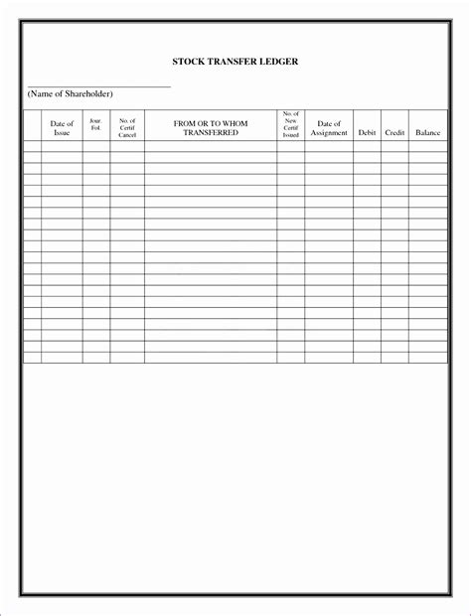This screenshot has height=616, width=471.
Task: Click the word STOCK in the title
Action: (190, 62)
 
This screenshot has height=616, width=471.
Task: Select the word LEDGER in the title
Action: (282, 62)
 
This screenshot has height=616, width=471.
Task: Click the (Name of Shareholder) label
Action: (71, 93)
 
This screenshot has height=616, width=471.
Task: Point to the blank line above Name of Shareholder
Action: (99, 86)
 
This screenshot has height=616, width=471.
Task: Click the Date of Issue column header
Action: (62, 128)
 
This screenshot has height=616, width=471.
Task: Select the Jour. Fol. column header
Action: (96, 124)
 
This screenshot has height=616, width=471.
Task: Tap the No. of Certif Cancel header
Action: (126, 127)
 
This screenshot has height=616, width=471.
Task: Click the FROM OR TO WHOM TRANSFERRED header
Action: (211, 127)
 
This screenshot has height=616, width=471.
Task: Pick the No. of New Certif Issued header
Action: (291, 125)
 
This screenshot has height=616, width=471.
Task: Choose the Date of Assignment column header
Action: (328, 128)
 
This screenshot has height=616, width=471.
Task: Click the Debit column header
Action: (367, 132)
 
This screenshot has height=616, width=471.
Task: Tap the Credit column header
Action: (394, 132)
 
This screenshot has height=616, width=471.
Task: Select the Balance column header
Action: (427, 132)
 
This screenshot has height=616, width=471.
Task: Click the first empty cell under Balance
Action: (427, 146)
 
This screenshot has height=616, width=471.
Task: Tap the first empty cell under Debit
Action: (367, 146)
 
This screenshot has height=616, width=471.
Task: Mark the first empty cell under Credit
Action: (394, 146)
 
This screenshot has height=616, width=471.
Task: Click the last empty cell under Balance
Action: (427, 358)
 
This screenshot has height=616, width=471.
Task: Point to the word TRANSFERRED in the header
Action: (211, 132)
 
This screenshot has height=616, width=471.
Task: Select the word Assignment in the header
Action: (328, 132)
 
